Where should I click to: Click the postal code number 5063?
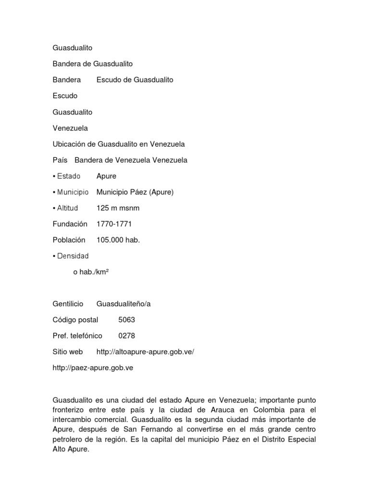tap(127, 319)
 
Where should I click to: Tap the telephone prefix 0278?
tap(127, 336)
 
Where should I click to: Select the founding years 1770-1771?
tap(114, 224)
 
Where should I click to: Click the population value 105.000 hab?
tap(118, 240)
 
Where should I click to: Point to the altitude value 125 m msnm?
tap(118, 208)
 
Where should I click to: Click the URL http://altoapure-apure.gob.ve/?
tap(145, 352)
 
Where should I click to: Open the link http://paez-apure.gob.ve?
tap(93, 368)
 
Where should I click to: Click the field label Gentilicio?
tap(68, 304)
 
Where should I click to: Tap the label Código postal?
tap(75, 319)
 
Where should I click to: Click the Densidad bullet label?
tap(71, 256)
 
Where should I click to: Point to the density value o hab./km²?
tap(91, 272)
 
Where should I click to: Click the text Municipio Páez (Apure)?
tap(135, 192)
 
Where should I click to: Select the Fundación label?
tap(70, 224)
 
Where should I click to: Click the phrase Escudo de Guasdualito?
tap(135, 80)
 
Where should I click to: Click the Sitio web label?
tap(68, 352)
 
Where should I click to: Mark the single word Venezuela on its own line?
tap(70, 128)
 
